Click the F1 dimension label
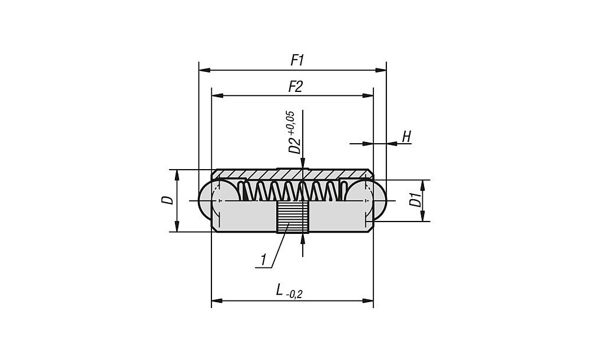tap(297, 60)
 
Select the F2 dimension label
tap(295, 87)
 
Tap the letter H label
tap(406, 137)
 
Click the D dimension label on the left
tap(168, 200)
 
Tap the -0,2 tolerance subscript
tap(295, 294)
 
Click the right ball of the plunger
tap(377, 200)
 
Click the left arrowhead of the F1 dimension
tap(202, 70)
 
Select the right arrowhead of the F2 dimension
tap(370, 95)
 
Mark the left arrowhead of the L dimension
tap(215, 301)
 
